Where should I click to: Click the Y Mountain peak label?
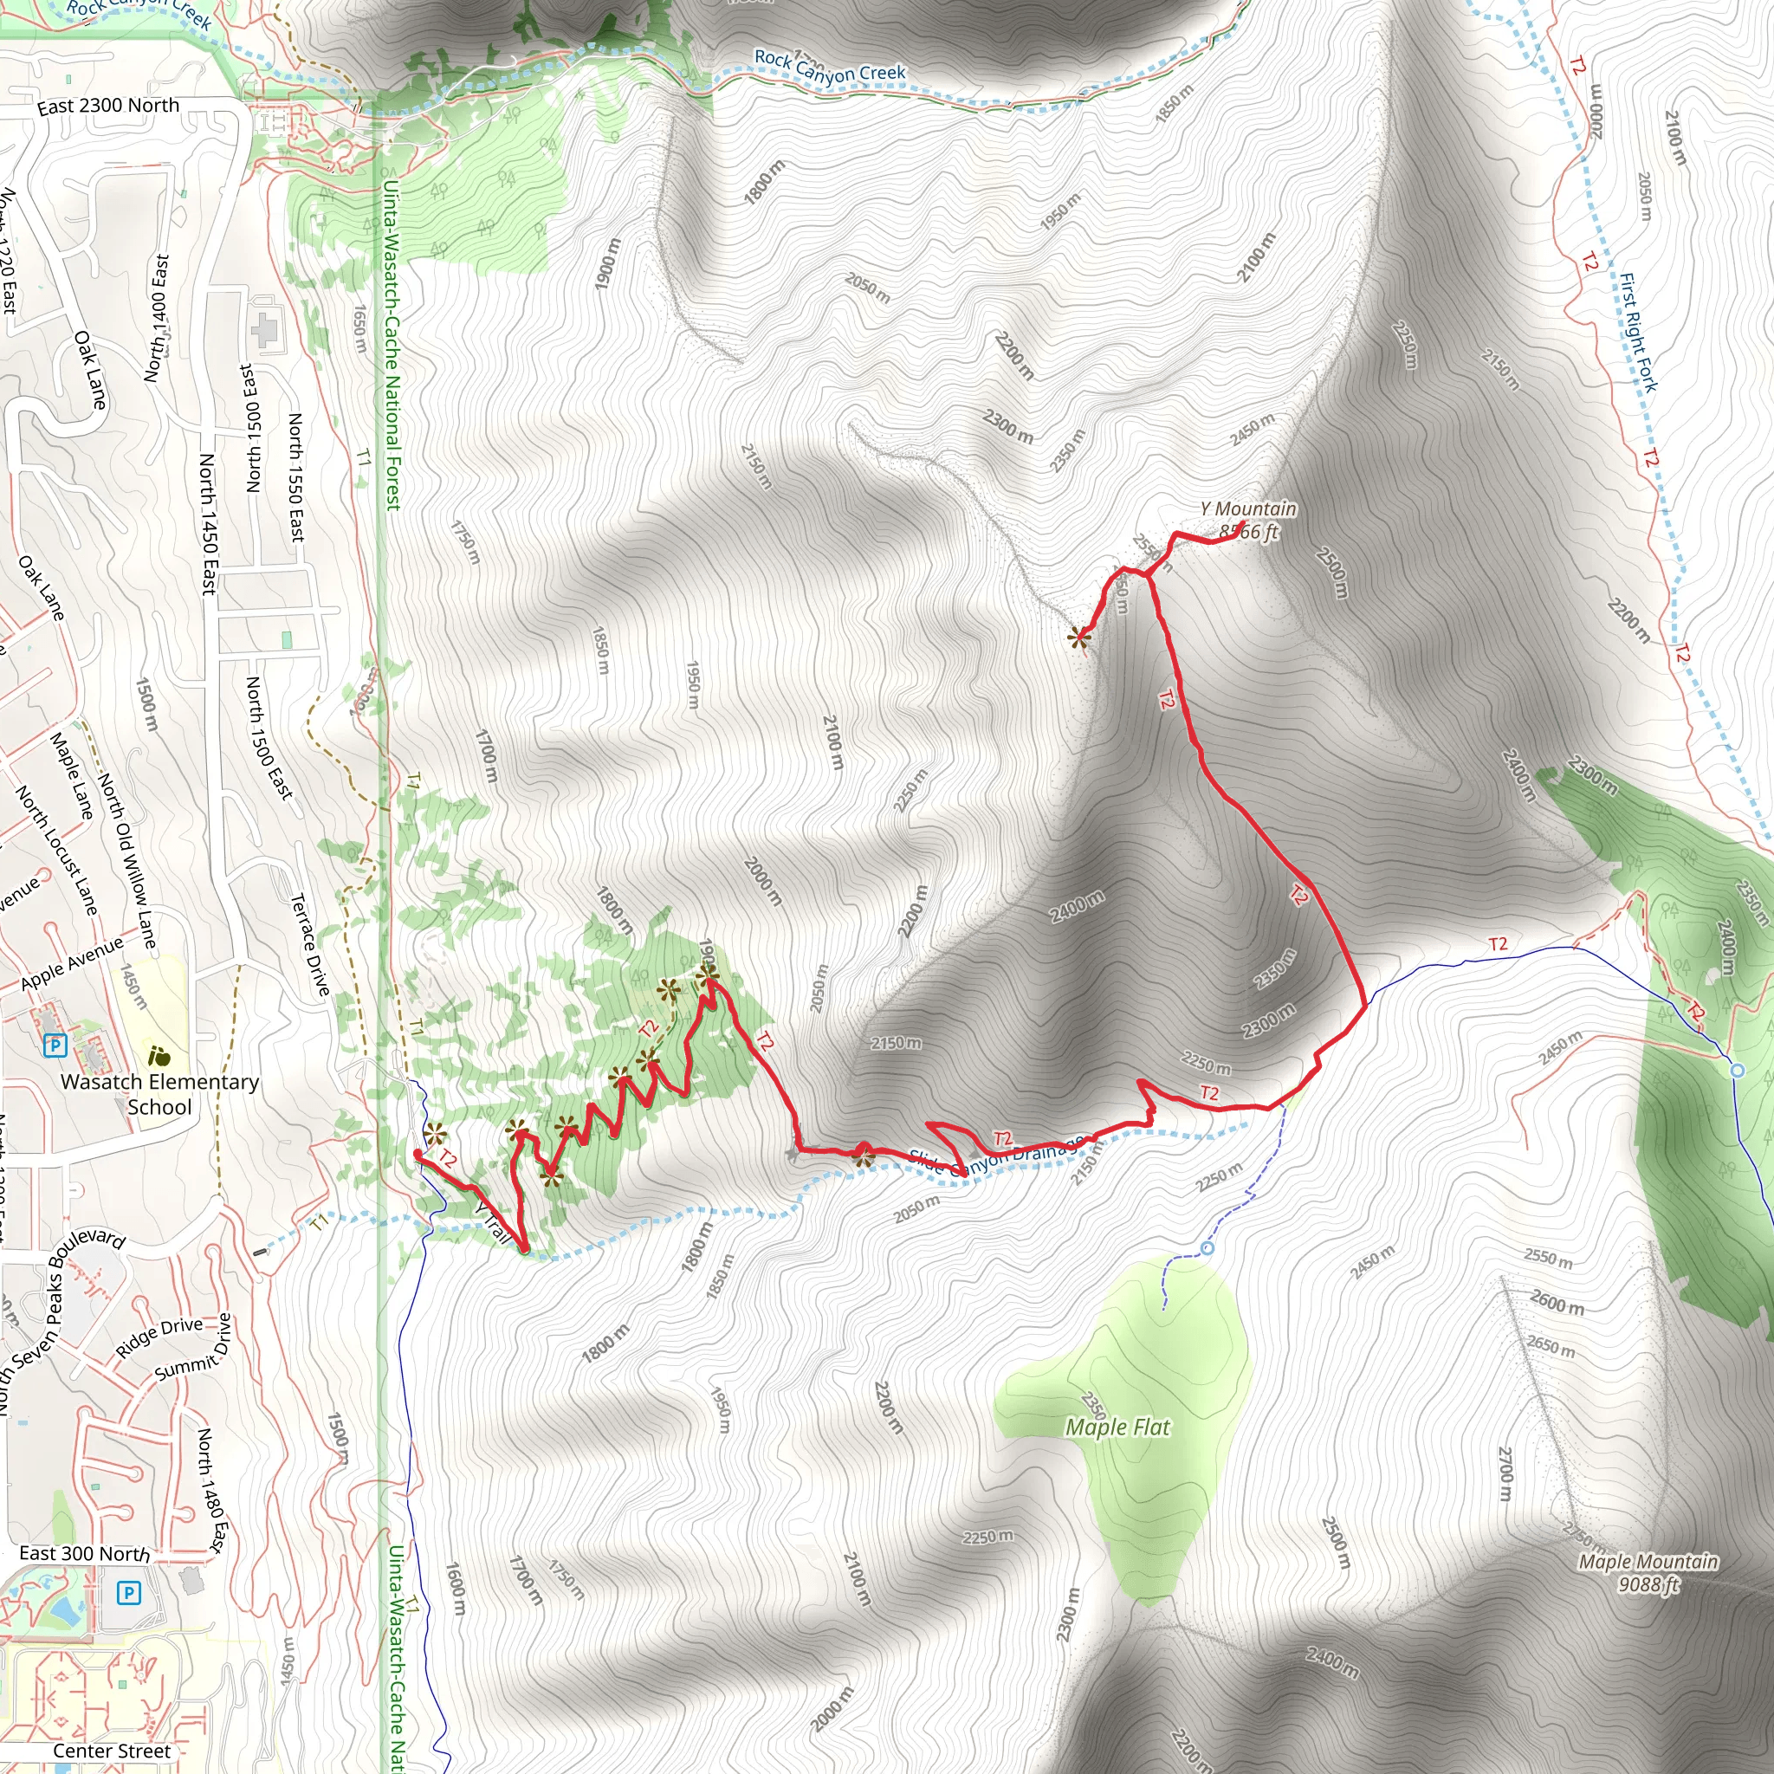tap(1248, 519)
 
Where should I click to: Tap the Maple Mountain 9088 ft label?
tap(1648, 1572)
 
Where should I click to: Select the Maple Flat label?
tap(1117, 1427)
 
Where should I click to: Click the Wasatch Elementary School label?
tap(159, 1094)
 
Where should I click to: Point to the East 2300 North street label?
tap(108, 106)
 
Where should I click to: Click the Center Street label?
tap(111, 1751)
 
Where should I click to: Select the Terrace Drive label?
tap(310, 945)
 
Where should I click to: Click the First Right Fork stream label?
tap(1638, 333)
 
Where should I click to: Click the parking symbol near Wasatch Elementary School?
tap(55, 1045)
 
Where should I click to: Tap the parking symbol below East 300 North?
tap(128, 1593)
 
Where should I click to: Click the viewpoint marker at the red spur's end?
tap(1079, 638)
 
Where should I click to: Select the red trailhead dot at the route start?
tap(418, 1154)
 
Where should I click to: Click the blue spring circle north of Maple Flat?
tap(1207, 1248)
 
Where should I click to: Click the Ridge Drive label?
tap(159, 1337)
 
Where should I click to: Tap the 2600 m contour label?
tap(1557, 1302)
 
